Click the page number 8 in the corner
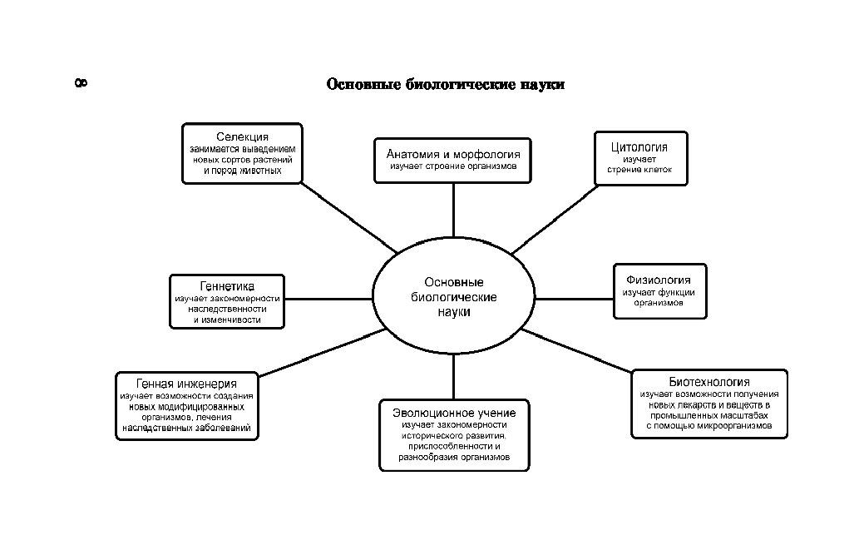(81, 83)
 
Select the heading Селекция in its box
(242, 136)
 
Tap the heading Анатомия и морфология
(453, 154)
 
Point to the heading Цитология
(639, 147)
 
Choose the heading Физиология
(659, 280)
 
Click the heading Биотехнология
(709, 382)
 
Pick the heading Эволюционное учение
(454, 413)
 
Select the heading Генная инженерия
(186, 384)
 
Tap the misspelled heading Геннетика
(227, 286)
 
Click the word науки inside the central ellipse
(454, 312)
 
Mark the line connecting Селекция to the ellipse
(349, 218)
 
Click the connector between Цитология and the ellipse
(555, 220)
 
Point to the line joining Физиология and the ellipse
(574, 299)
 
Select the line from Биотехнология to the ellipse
(577, 351)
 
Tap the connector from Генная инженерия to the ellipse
(322, 353)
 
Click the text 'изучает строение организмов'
(453, 166)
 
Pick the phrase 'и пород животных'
(243, 171)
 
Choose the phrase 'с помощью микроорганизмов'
(708, 425)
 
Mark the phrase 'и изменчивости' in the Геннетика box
(227, 320)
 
